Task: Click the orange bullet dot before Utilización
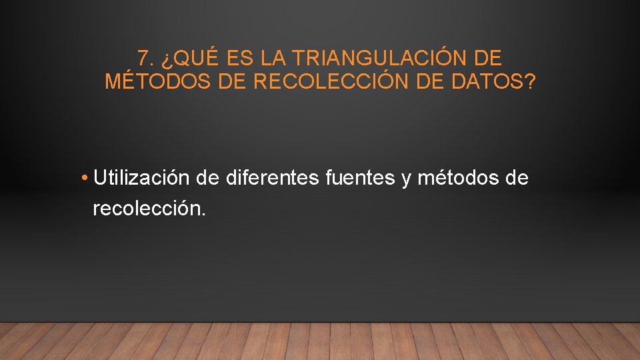(85, 179)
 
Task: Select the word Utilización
(142, 178)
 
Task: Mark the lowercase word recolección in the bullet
(146, 209)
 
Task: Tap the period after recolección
(204, 215)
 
